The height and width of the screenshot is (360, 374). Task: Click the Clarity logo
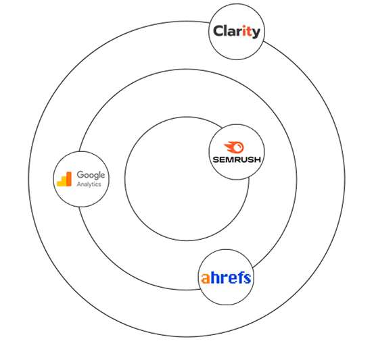click(237, 32)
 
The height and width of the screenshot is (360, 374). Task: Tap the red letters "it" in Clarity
click(248, 31)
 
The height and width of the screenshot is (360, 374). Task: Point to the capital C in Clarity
click(218, 31)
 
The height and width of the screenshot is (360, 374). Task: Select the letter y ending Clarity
click(256, 33)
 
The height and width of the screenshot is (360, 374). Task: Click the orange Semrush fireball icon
click(234, 147)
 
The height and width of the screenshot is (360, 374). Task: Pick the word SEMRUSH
click(237, 159)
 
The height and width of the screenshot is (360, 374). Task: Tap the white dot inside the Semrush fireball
click(237, 148)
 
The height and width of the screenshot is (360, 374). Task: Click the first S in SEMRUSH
click(216, 159)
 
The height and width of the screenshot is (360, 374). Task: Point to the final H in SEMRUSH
click(258, 159)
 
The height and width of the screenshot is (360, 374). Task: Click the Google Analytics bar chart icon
click(64, 179)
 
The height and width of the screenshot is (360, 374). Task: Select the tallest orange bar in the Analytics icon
click(69, 179)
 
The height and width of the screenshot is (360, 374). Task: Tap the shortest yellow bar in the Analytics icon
click(59, 184)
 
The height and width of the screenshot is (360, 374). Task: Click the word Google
click(91, 175)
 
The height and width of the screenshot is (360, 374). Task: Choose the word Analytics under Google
click(89, 184)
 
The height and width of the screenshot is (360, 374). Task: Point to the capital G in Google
click(80, 175)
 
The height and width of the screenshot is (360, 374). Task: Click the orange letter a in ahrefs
click(206, 278)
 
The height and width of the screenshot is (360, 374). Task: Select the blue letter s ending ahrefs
click(247, 278)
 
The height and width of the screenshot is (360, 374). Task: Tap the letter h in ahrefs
click(215, 277)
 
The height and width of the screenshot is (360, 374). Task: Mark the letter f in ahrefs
click(240, 277)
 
